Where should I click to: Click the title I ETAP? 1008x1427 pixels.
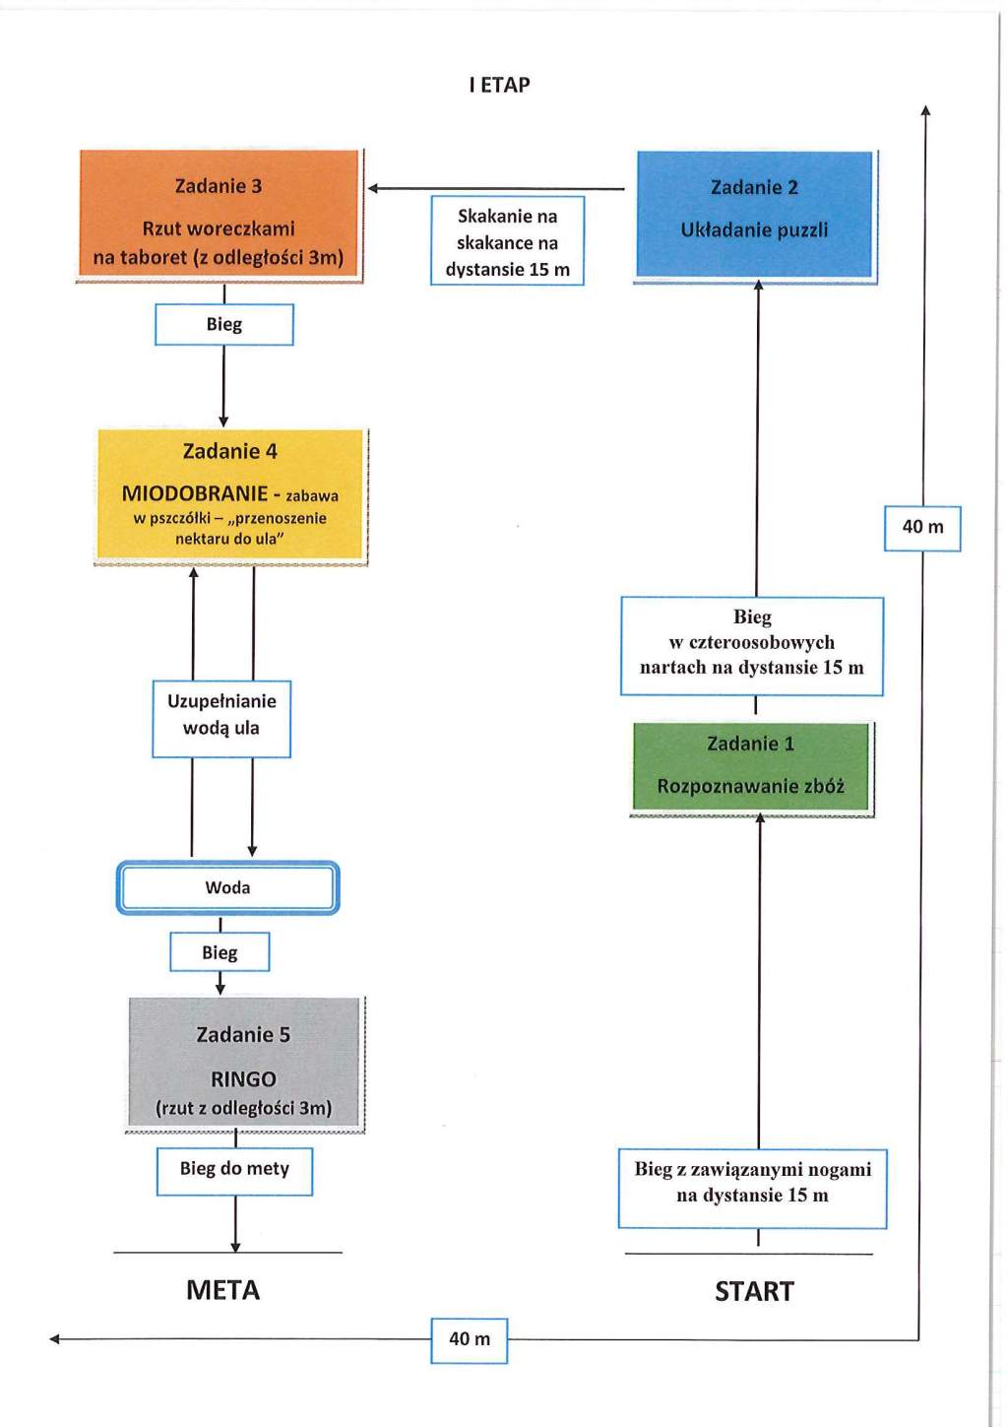tap(499, 85)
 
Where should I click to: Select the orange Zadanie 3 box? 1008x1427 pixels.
tap(220, 216)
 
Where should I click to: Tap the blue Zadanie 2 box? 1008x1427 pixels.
tap(755, 216)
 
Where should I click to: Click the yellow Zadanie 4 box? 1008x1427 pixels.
tap(230, 495)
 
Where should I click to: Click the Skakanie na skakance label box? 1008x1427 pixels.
tap(508, 240)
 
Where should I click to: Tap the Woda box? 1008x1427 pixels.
tap(227, 887)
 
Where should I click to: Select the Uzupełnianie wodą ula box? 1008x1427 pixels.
tap(221, 719)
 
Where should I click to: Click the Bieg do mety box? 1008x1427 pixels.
tap(234, 1171)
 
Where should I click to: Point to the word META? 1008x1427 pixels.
tap(222, 1290)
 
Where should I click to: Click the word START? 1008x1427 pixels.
tap(755, 1291)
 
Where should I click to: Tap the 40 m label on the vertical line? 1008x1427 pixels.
tap(922, 528)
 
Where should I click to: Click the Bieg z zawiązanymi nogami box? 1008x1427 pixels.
tap(753, 1189)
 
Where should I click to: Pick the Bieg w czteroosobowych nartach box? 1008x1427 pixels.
tap(752, 646)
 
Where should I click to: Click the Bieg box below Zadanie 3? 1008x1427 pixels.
tap(224, 324)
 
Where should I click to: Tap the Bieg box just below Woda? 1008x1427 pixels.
tap(220, 952)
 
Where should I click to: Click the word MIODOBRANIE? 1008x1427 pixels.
tap(195, 493)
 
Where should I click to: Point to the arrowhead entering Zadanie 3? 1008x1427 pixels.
tap(372, 188)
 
